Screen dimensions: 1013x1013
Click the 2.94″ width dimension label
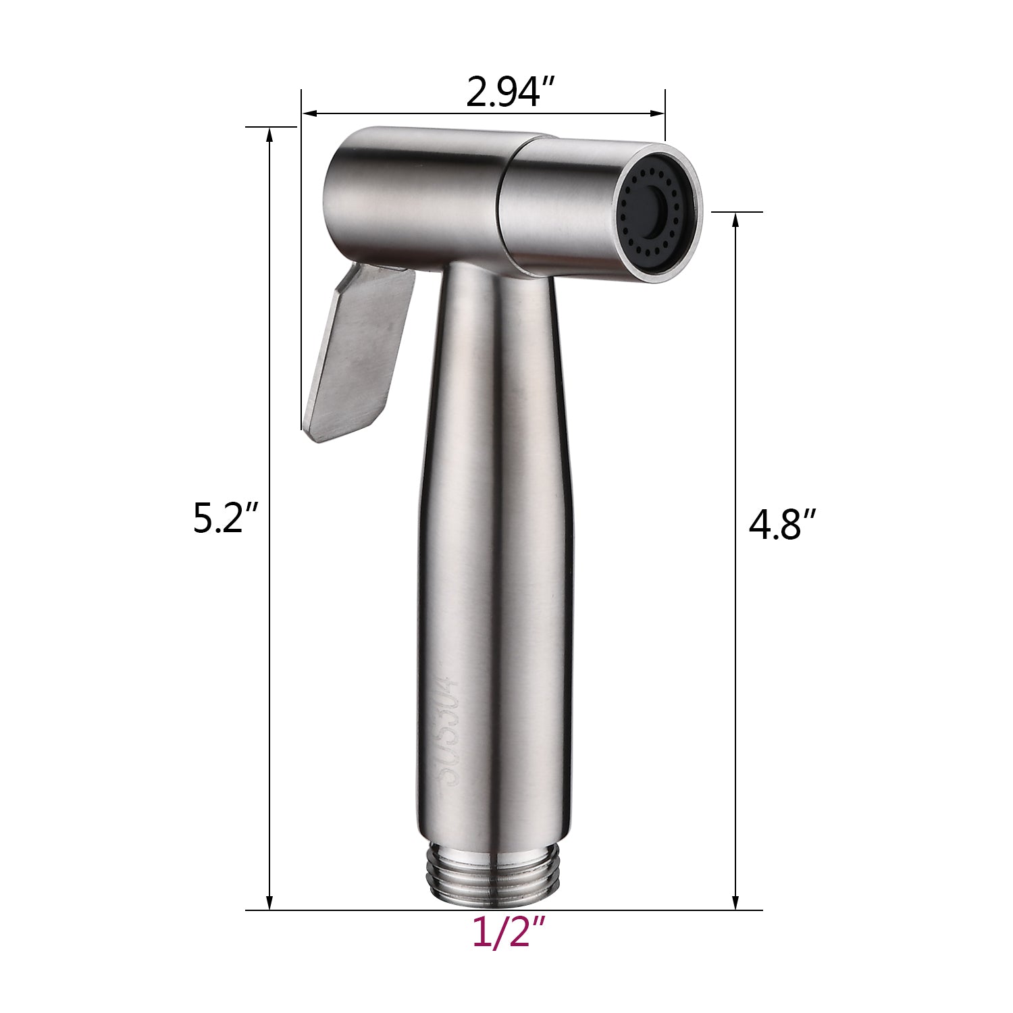(511, 93)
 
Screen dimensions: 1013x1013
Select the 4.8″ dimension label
(783, 524)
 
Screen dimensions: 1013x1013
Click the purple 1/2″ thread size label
(508, 934)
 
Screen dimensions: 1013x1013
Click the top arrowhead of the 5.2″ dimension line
(270, 134)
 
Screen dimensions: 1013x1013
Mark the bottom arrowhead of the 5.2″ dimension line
(270, 902)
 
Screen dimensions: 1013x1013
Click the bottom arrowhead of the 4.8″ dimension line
(735, 902)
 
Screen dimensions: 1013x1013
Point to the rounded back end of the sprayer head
(338, 196)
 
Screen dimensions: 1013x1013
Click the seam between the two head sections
(503, 203)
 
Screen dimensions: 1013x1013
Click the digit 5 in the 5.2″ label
(203, 519)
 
